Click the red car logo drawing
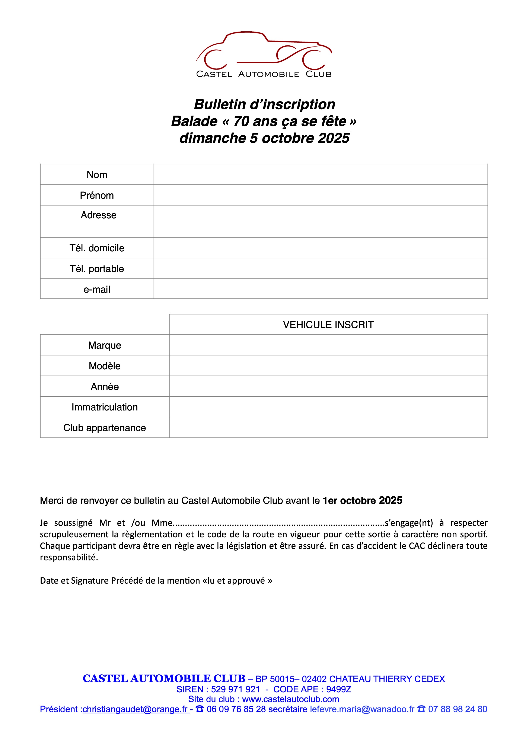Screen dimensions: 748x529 point(264,49)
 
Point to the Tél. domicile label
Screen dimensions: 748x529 point(97,248)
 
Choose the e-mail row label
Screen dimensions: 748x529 point(97,289)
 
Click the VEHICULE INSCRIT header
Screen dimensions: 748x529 point(328,325)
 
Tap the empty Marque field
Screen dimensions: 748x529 point(328,345)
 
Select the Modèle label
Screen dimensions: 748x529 point(105,366)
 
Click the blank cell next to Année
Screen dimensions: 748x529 point(328,386)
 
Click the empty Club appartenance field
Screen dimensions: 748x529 point(328,428)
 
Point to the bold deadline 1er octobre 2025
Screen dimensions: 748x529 point(362,500)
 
